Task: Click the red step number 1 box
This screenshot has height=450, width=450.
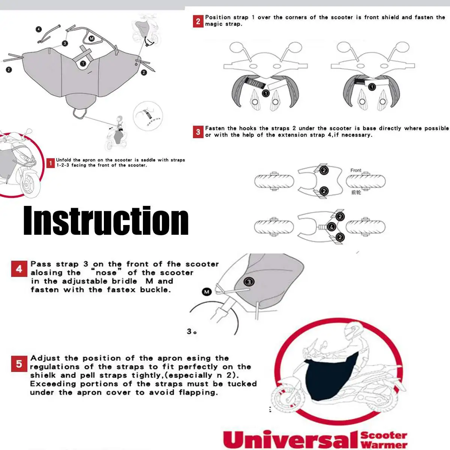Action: click(x=51, y=163)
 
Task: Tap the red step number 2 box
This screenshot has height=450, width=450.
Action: click(x=198, y=21)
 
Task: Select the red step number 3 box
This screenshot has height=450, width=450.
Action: click(x=198, y=132)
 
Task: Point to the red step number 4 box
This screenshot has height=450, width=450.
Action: click(x=19, y=269)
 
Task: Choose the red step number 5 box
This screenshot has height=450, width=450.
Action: click(x=19, y=364)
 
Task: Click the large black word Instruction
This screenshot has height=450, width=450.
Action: click(x=106, y=220)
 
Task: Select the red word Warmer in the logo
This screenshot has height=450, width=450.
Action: click(x=384, y=444)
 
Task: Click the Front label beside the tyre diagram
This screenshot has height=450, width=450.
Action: click(x=355, y=170)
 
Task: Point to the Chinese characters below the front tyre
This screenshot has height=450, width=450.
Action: click(x=356, y=192)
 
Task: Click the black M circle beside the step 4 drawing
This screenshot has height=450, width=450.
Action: click(x=207, y=292)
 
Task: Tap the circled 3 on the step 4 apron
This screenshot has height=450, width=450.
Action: click(x=249, y=282)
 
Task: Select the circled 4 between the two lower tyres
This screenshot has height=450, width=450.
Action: click(x=331, y=226)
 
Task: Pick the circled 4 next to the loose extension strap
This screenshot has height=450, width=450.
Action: click(x=39, y=29)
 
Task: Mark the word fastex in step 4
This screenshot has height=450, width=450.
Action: click(x=121, y=290)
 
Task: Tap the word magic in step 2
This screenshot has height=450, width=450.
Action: click(x=213, y=24)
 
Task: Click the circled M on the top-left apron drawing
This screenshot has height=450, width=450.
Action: click(x=91, y=39)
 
